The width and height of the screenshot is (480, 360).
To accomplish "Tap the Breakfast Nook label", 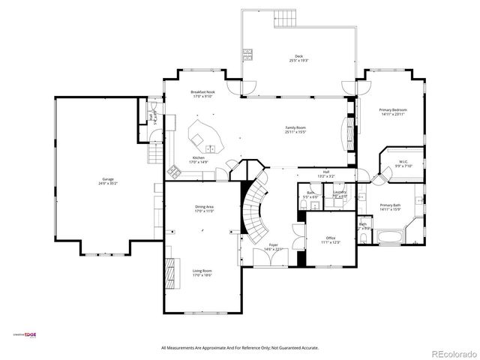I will (202, 91).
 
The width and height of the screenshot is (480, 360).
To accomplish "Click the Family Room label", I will (295, 127).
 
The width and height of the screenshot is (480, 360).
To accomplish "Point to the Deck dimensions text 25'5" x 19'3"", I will (298, 61).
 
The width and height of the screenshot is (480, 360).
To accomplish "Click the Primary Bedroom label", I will (391, 109).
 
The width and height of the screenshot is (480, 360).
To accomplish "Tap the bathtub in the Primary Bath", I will (390, 239).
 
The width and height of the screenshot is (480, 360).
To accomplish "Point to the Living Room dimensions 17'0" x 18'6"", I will (203, 275).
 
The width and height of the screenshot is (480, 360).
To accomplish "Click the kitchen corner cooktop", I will (173, 171).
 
